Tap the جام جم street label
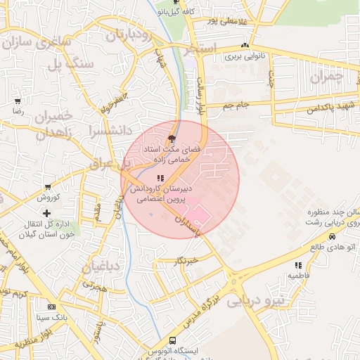click(x=236, y=105)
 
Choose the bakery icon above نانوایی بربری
click(x=245, y=44)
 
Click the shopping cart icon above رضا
click(x=18, y=101)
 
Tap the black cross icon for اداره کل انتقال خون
click(x=47, y=212)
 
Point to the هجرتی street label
click(x=94, y=286)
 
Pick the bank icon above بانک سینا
click(x=51, y=307)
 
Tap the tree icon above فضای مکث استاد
click(x=172, y=139)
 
